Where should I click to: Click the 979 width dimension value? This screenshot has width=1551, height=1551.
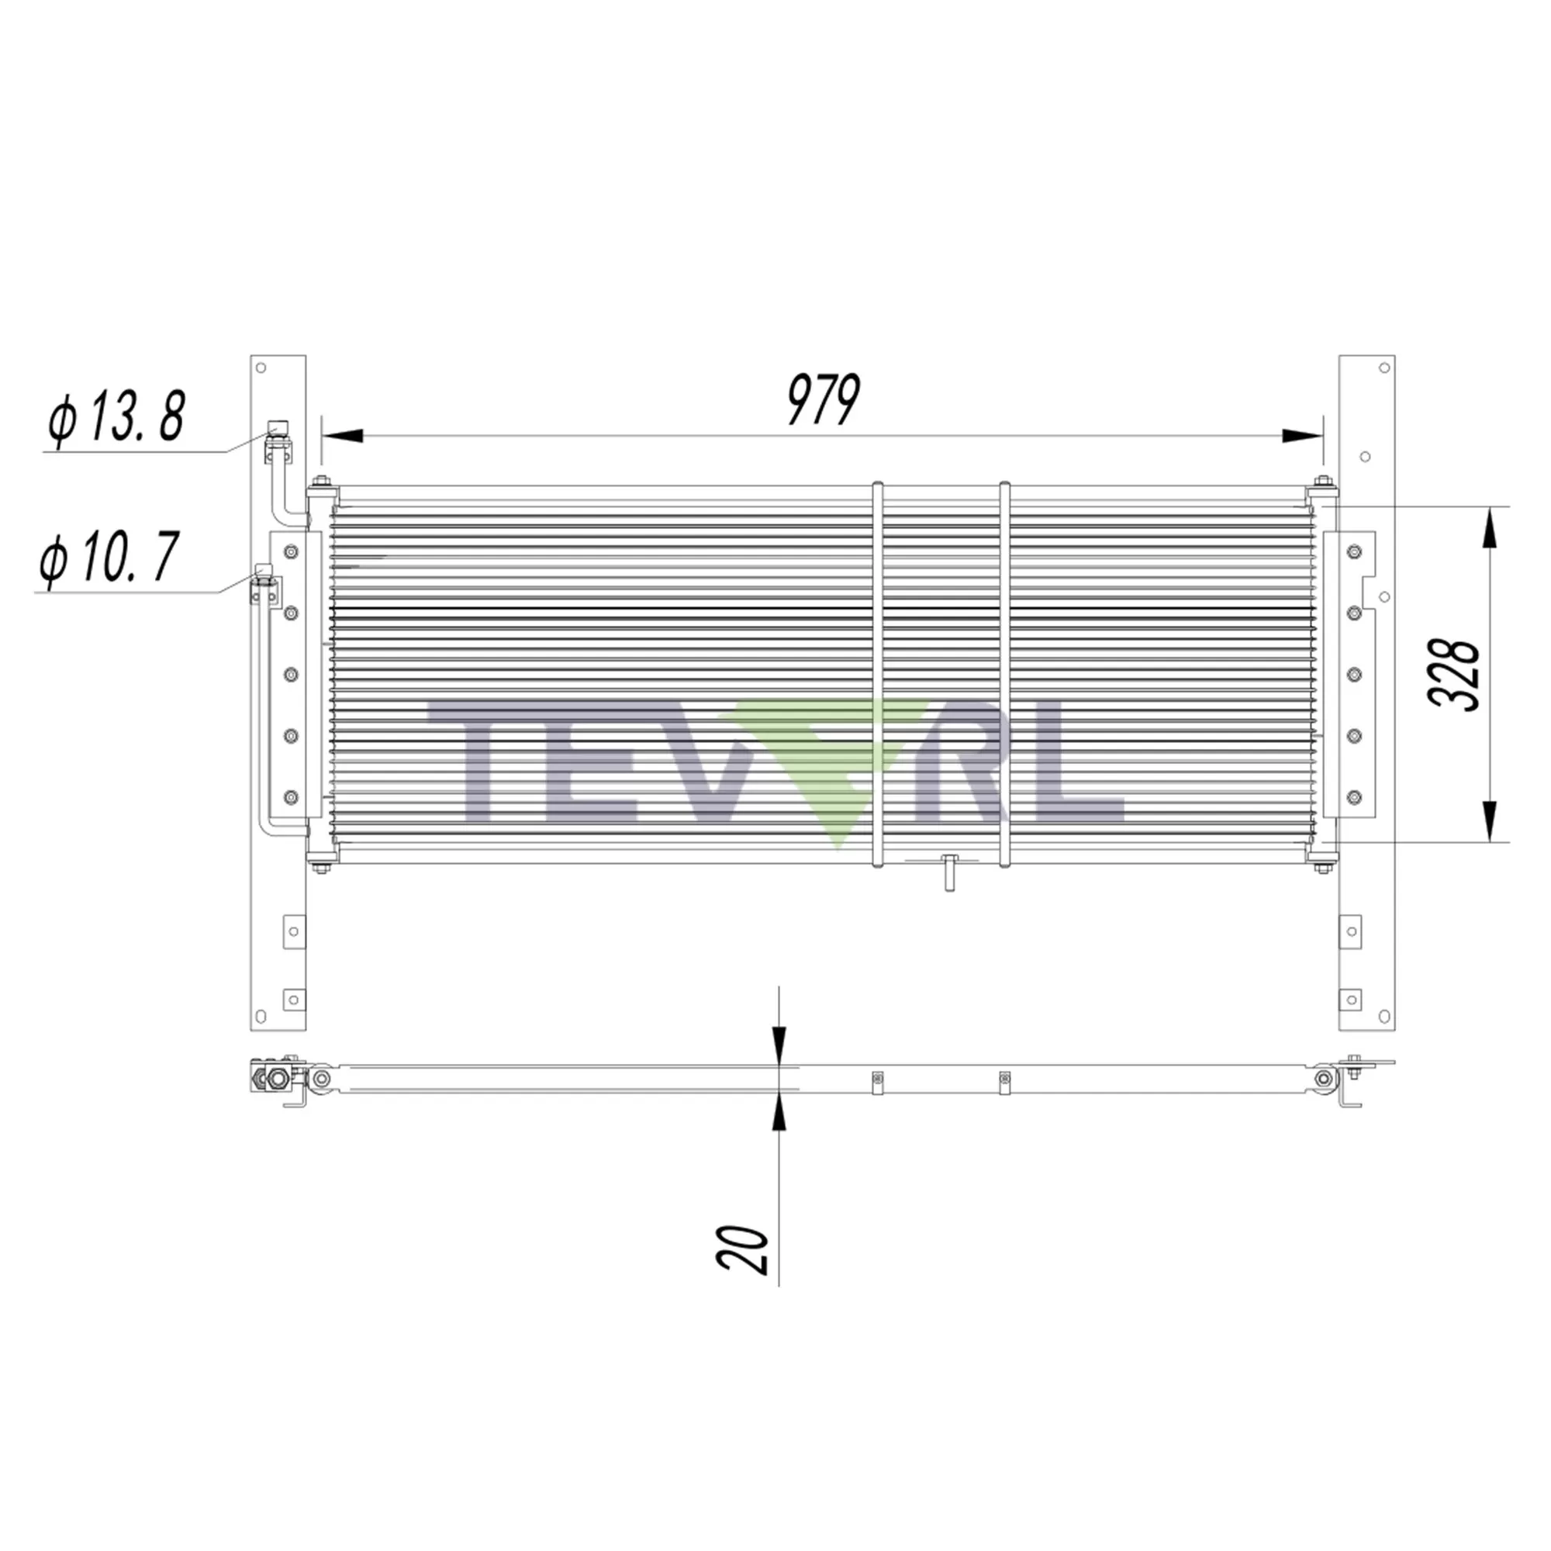pyautogui.click(x=823, y=399)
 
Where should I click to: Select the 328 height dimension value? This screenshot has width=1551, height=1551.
pyautogui.click(x=1454, y=675)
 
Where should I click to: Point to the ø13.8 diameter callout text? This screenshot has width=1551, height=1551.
pyautogui.click(x=117, y=417)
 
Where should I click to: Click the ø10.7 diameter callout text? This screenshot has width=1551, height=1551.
pyautogui.click(x=109, y=557)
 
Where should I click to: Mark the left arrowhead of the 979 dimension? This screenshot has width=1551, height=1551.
pyautogui.click(x=342, y=436)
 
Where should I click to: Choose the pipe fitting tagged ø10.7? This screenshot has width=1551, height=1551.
pyautogui.click(x=264, y=572)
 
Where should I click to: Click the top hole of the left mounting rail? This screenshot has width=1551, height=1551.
pyautogui.click(x=260, y=368)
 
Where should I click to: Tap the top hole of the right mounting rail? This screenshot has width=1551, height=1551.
pyautogui.click(x=1384, y=368)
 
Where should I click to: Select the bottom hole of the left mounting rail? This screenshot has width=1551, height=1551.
pyautogui.click(x=260, y=1017)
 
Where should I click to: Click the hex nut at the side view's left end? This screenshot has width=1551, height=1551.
pyautogui.click(x=278, y=1079)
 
